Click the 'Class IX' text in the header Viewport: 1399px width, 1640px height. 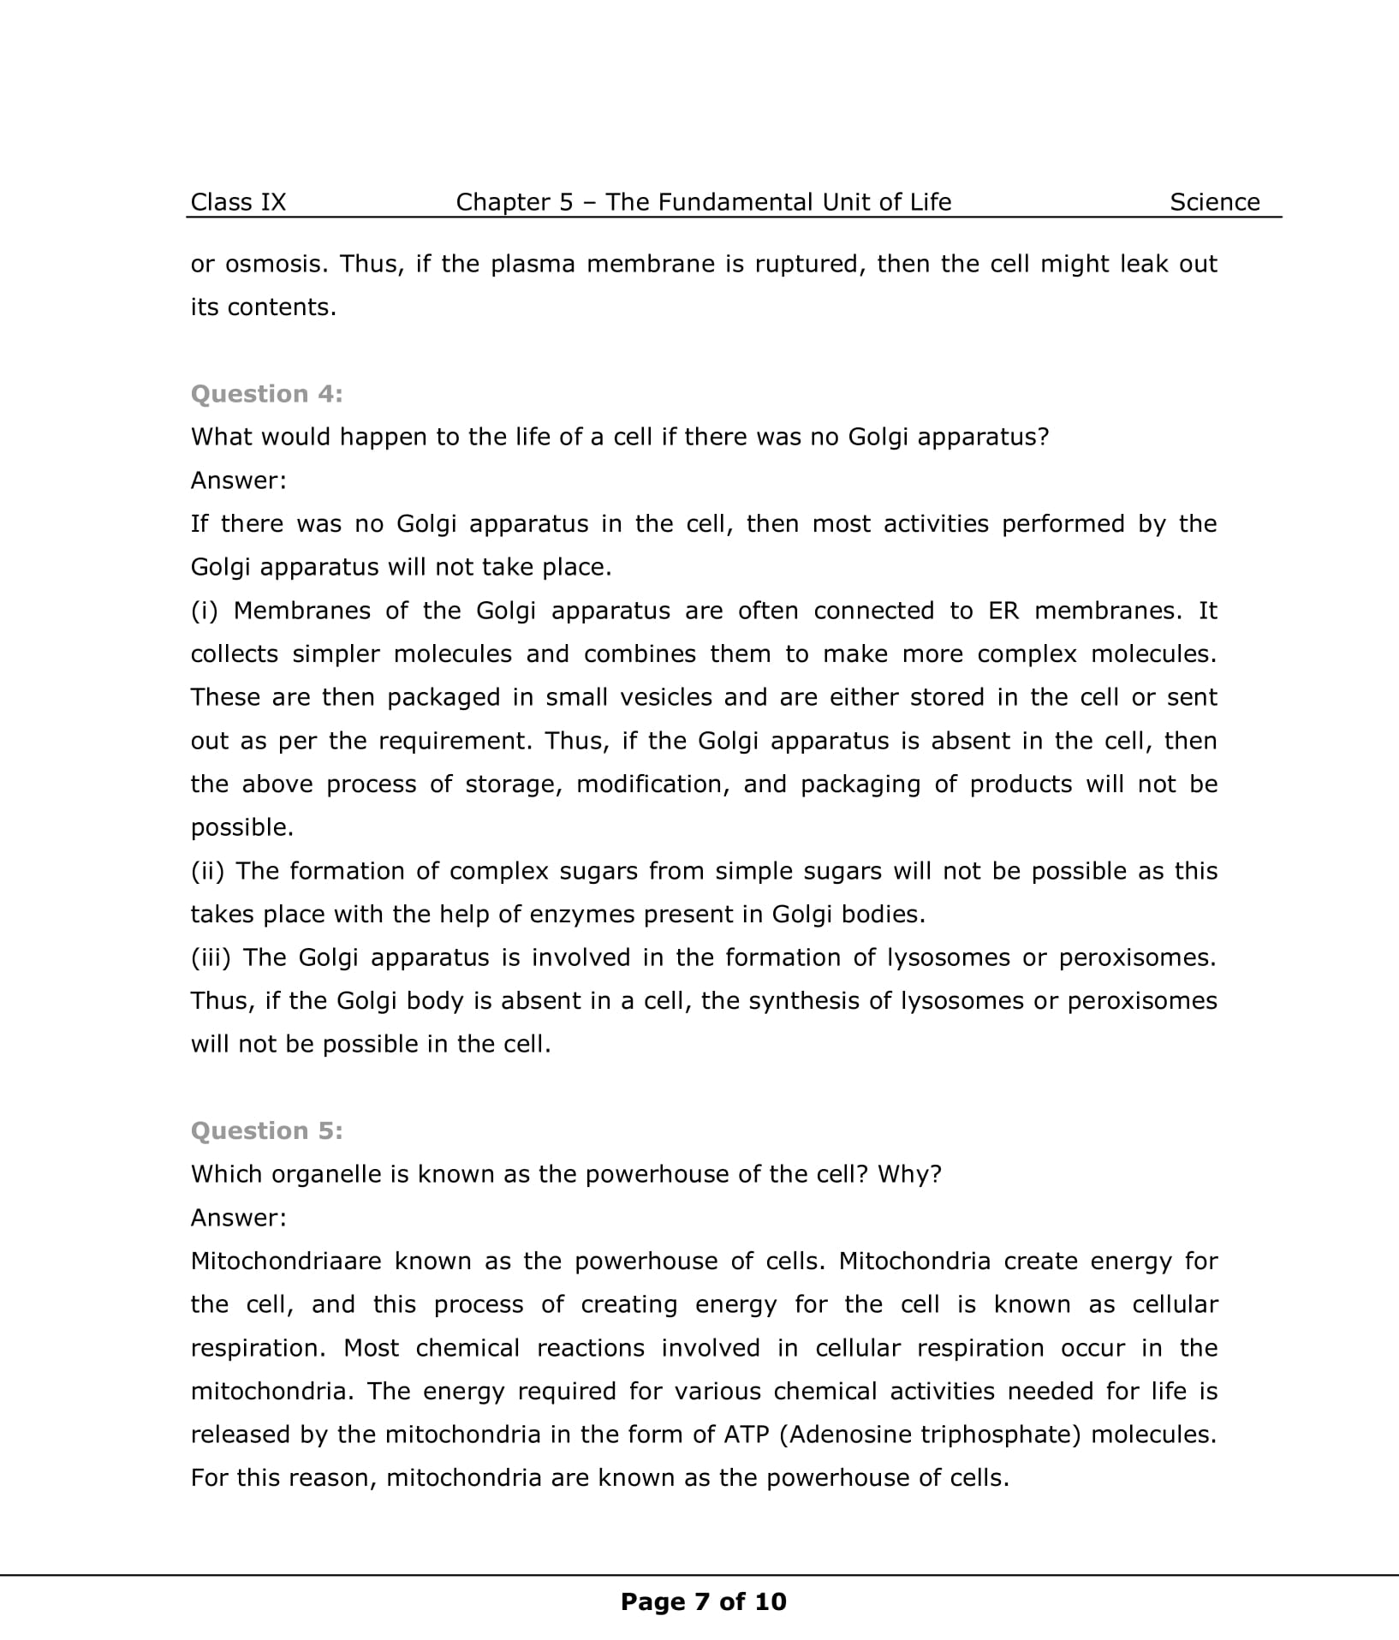(238, 202)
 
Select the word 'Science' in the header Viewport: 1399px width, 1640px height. (1214, 202)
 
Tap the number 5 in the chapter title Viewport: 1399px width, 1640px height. (566, 202)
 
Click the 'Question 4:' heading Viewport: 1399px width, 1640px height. (266, 394)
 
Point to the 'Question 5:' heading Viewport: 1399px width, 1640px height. (266, 1130)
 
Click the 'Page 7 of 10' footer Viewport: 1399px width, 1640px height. (703, 1601)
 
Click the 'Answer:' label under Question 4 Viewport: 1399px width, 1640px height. (238, 480)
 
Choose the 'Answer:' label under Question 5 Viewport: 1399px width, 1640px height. (238, 1217)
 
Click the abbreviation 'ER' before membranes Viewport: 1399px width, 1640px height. (1003, 611)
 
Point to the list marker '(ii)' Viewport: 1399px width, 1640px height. (207, 871)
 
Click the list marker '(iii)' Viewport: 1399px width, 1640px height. (211, 957)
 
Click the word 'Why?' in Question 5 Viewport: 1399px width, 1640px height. (909, 1174)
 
